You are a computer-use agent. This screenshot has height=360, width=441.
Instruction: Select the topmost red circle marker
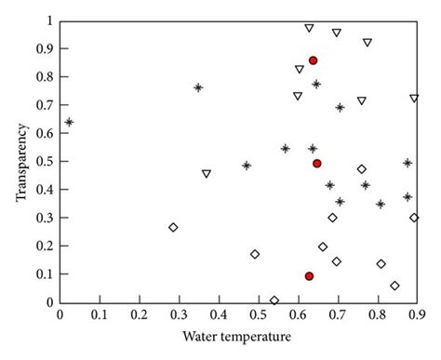click(313, 60)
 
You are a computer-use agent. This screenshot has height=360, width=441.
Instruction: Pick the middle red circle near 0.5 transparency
click(317, 164)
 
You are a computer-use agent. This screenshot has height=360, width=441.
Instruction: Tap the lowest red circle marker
click(309, 276)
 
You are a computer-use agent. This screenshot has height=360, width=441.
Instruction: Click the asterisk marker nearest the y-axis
click(69, 122)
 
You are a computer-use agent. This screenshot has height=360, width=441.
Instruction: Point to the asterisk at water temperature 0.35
click(198, 87)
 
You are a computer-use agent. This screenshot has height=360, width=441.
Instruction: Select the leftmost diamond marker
click(173, 227)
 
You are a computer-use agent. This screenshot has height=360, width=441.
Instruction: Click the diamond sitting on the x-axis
click(274, 300)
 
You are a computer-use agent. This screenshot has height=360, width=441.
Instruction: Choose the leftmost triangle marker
click(207, 174)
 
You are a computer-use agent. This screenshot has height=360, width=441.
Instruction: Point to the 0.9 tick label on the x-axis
click(415, 315)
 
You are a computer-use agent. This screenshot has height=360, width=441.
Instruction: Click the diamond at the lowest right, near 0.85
click(394, 286)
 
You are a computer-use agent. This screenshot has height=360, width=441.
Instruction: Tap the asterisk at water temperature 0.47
click(247, 166)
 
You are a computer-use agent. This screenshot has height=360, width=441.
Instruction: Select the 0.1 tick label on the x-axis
click(100, 315)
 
